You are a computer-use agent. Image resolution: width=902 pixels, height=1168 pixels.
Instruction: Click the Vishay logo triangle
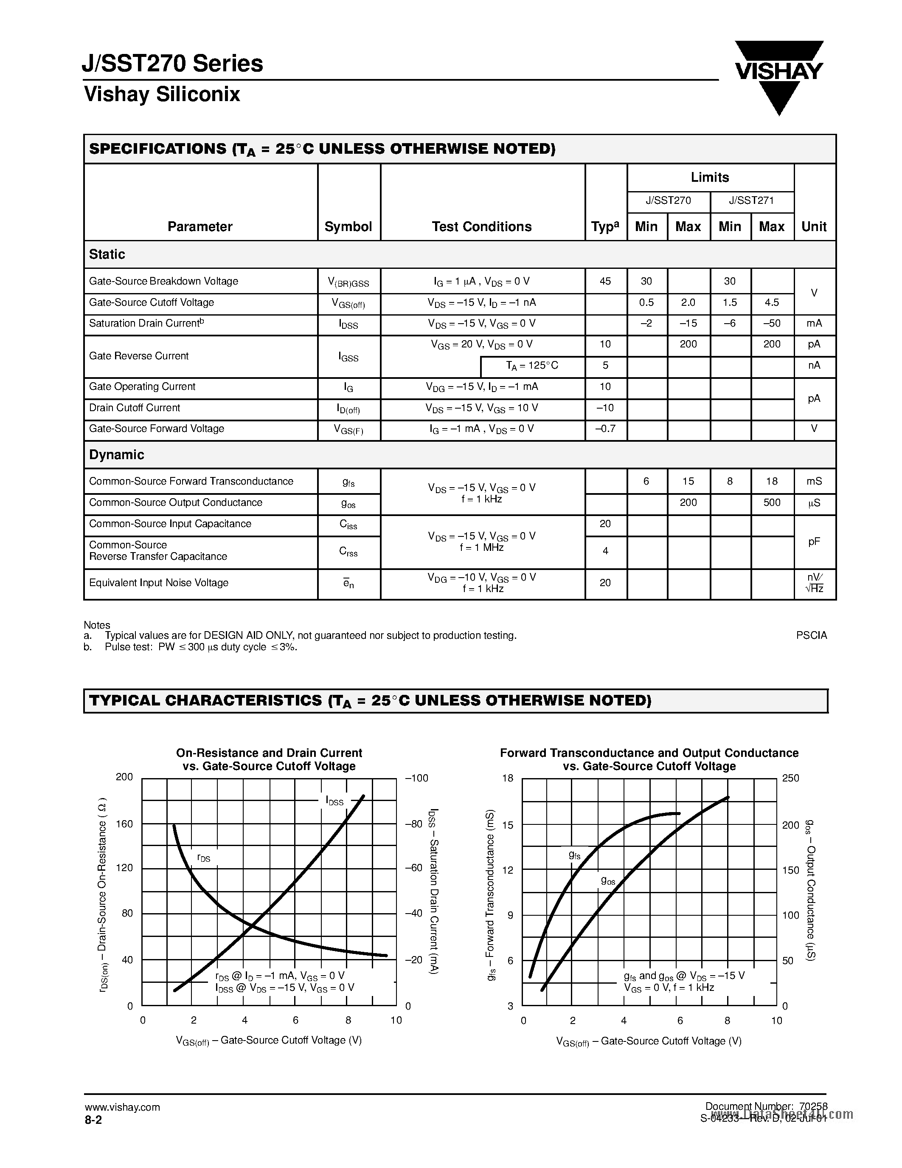pos(778,78)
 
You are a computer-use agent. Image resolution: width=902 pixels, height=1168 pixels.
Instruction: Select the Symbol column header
pos(348,227)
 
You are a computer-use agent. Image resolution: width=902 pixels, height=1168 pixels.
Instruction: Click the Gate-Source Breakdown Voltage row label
pos(163,281)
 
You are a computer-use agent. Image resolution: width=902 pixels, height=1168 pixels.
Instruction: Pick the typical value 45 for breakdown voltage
pos(605,281)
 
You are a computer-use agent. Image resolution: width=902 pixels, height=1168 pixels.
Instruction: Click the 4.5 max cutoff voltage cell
pos(772,303)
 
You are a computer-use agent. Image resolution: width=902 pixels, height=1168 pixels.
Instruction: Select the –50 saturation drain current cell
pos(772,324)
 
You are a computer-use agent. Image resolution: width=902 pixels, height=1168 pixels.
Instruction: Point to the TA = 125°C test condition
pos(532,366)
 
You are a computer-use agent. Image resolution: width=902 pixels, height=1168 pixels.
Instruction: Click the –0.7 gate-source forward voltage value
pos(605,429)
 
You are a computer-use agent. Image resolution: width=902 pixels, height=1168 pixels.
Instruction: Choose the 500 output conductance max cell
pos(772,503)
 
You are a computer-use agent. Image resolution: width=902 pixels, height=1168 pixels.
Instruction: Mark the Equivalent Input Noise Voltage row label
pos(159,583)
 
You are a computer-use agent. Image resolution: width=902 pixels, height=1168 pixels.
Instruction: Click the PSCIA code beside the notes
pos(811,635)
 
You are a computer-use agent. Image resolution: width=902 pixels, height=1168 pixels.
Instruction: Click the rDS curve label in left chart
pos(204,858)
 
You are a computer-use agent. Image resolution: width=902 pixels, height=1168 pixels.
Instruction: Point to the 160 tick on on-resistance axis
pos(124,824)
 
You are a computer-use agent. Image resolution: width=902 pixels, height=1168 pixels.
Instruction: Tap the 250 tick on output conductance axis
pos(790,778)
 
